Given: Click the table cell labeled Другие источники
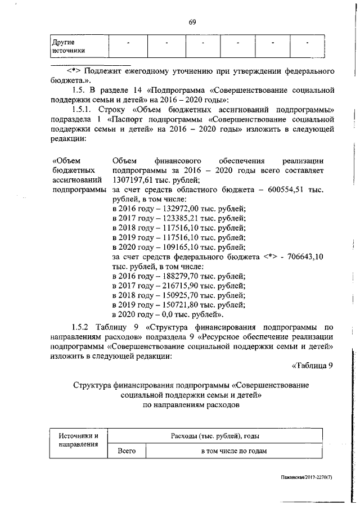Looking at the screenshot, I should pyautogui.click(x=68, y=46).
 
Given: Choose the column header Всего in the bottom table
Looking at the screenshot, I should pyautogui.click(x=126, y=451).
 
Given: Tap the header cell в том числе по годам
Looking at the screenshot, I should pyautogui.click(x=233, y=451).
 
